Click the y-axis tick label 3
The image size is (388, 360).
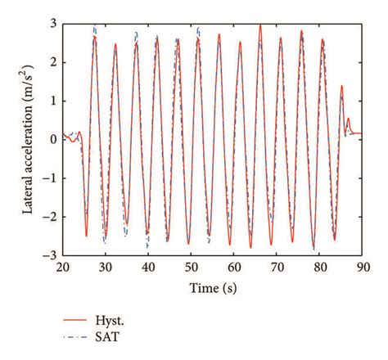(52, 22)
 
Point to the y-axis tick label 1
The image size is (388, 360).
(52, 100)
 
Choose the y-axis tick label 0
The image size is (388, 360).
(52, 139)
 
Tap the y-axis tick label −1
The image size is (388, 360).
(49, 178)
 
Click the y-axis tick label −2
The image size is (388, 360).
(49, 217)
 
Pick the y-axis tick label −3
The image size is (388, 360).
(49, 255)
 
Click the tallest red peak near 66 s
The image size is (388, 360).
(260, 25)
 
